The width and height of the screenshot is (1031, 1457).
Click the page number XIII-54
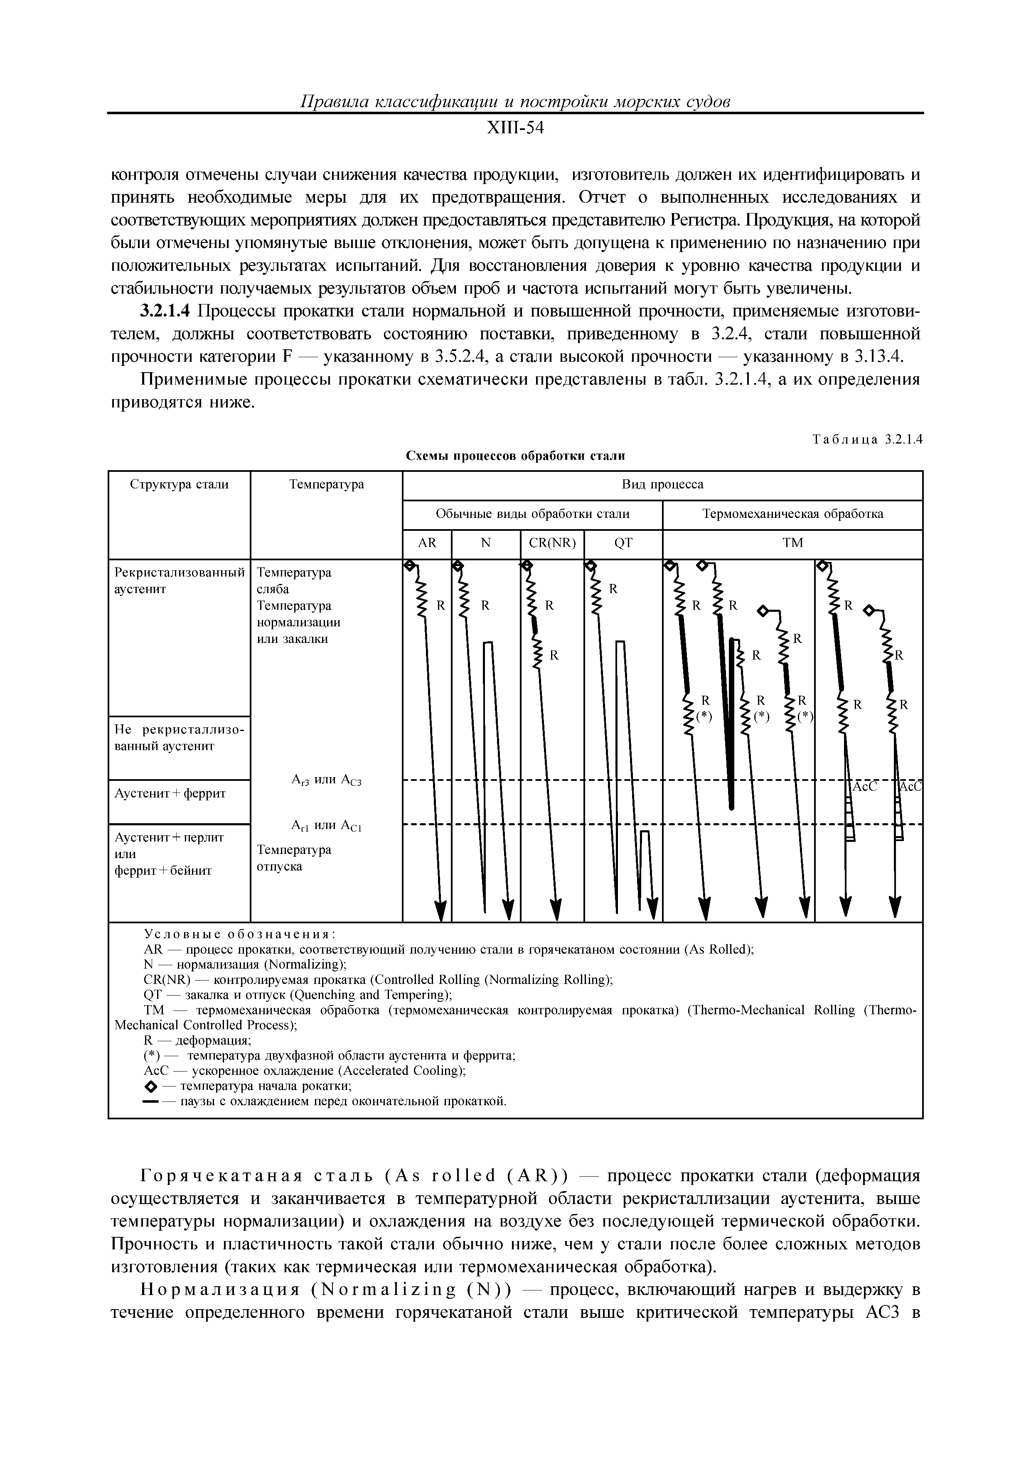515,128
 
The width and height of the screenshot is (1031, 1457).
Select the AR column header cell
427,543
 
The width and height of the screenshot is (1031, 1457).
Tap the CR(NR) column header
552,543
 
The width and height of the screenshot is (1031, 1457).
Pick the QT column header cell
623,543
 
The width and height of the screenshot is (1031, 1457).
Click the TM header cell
793,543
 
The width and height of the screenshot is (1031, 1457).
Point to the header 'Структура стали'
179,485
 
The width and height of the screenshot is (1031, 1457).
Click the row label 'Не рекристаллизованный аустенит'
179,737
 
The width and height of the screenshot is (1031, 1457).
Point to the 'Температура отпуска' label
293,858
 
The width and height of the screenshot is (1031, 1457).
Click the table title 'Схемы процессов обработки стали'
515,456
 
